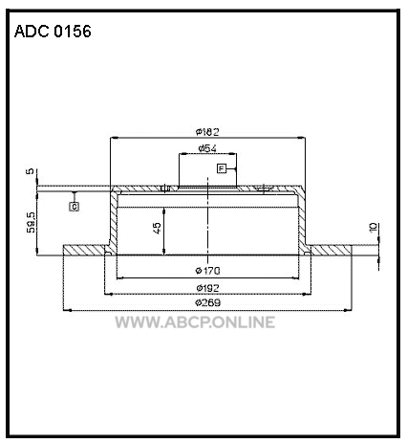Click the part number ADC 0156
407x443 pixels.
[x=53, y=32]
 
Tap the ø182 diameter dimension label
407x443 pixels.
[x=207, y=131]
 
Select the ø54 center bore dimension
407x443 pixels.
[x=207, y=148]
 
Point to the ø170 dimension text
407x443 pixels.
[x=207, y=271]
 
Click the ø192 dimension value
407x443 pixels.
[x=207, y=288]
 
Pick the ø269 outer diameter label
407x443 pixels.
[x=207, y=302]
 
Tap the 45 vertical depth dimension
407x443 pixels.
[x=158, y=228]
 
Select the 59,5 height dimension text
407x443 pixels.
[x=31, y=222]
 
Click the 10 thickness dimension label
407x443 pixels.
[x=373, y=228]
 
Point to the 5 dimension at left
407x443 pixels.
[x=30, y=171]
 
